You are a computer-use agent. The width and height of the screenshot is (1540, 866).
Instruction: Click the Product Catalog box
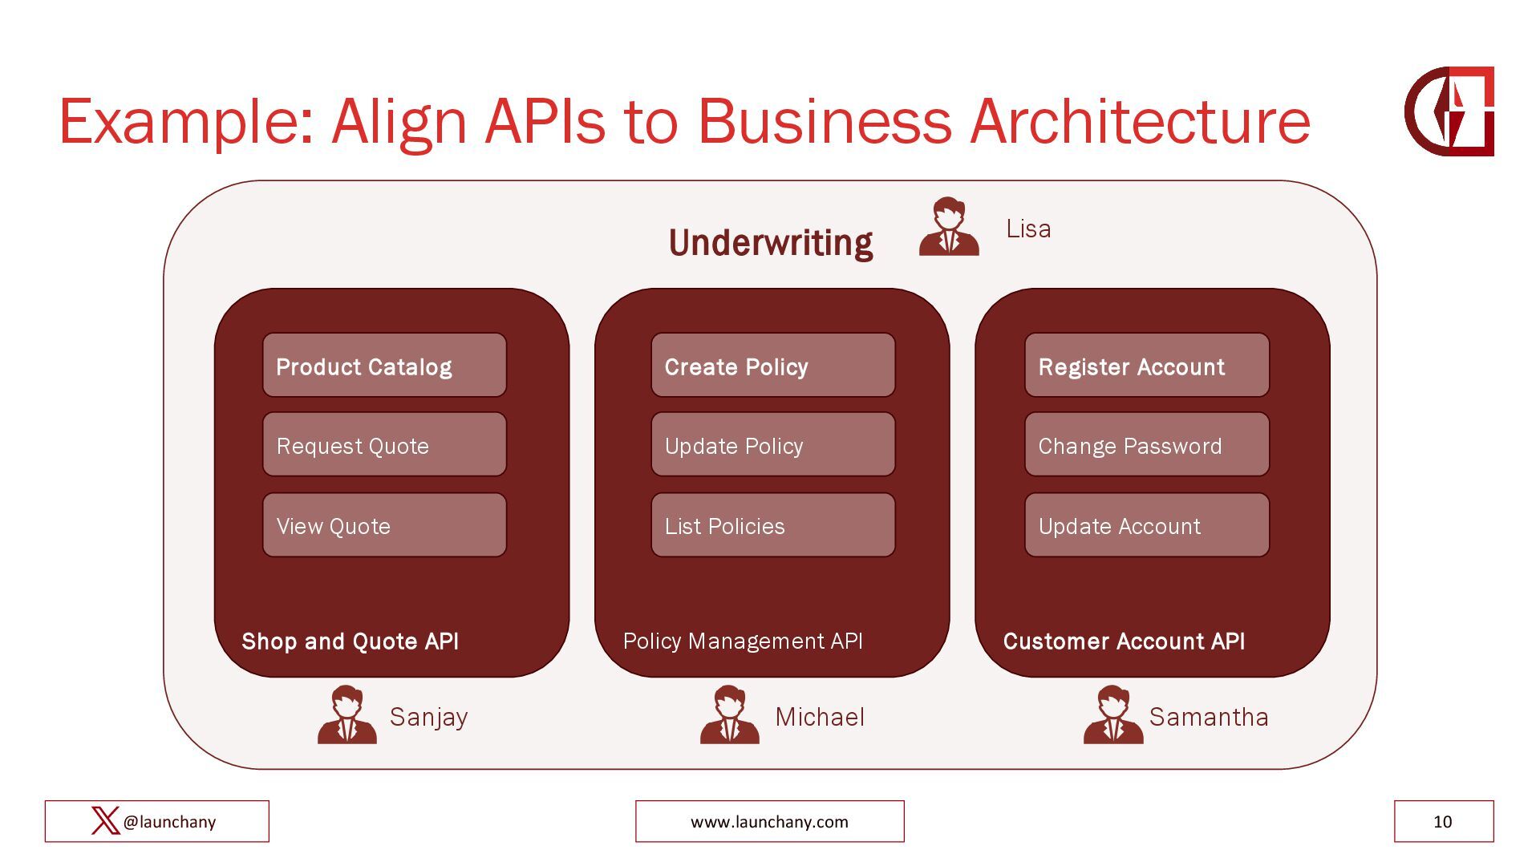384,366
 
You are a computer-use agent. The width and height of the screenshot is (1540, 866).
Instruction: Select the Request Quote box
384,445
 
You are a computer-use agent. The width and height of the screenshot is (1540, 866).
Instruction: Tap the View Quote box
384,525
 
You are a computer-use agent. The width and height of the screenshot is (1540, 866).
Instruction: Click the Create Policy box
772,366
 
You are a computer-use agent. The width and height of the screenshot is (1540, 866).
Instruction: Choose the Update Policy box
772,445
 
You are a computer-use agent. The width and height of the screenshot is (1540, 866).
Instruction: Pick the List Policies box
772,525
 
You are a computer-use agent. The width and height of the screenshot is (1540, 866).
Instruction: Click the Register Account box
1146,366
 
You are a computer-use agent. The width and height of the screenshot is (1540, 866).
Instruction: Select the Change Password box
1146,445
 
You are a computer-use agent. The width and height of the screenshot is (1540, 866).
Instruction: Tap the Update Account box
1146,525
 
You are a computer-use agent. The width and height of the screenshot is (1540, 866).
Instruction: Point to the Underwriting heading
770,243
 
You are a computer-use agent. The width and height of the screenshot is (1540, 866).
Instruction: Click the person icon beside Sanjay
346,714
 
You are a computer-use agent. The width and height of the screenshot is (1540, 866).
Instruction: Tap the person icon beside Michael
729,714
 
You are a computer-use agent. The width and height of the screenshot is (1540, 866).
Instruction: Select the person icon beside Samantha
1112,714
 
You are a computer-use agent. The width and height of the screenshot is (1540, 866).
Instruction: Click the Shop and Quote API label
350,641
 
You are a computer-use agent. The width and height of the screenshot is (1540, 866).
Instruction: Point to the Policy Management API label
742,641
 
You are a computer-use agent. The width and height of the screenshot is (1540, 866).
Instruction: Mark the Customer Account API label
1123,641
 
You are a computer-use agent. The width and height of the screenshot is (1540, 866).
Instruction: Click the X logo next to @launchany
105,821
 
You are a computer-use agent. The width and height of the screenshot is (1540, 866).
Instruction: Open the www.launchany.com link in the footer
769,822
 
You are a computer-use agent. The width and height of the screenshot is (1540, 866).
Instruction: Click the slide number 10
1442,822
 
